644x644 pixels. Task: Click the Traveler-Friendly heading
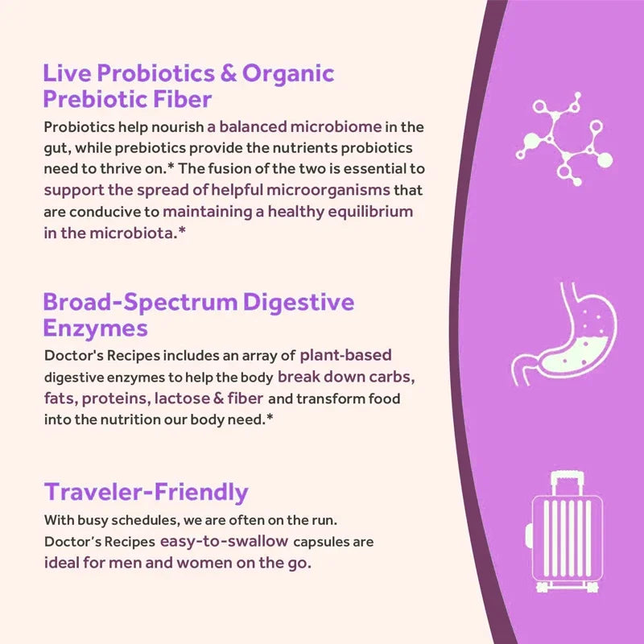[146, 492]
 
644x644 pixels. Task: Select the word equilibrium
[366, 212]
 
